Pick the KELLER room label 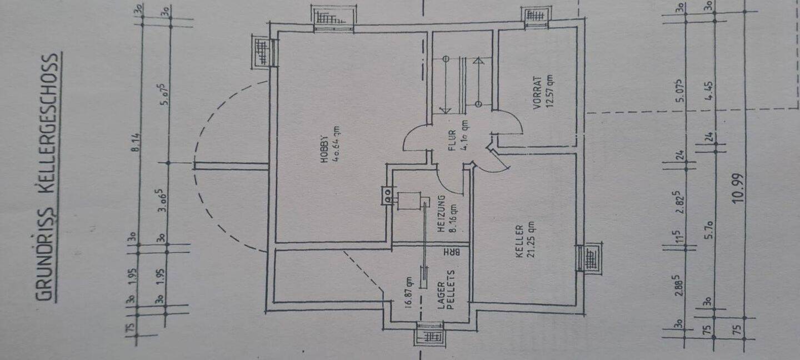[x=518, y=242]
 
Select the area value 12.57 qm [x=549, y=89]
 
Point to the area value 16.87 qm [x=408, y=292]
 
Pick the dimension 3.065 [x=163, y=201]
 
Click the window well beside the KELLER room [x=589, y=258]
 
